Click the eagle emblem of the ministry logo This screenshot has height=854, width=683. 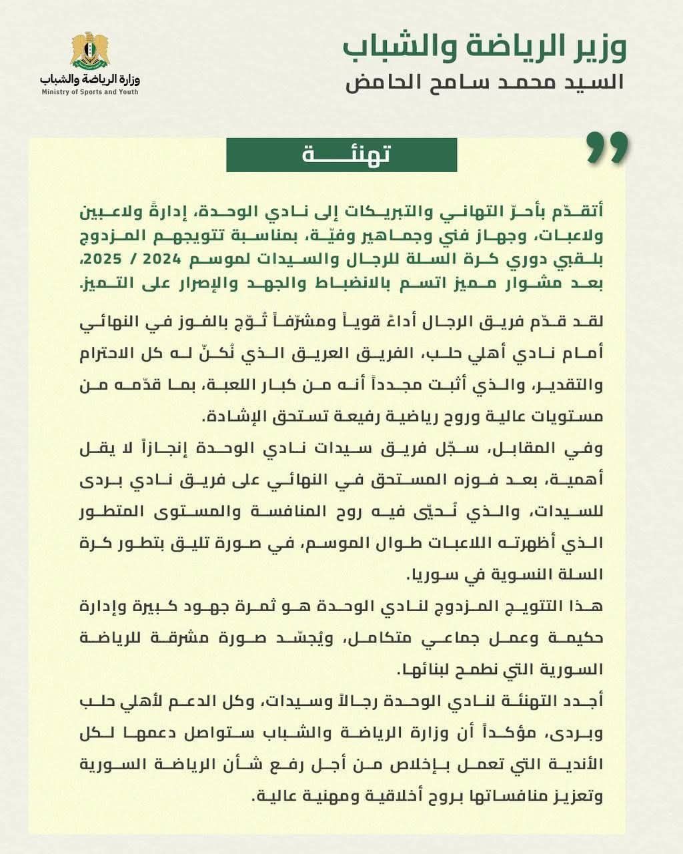pyautogui.click(x=89, y=51)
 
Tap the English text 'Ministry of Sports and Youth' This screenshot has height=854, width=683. pyautogui.click(x=89, y=92)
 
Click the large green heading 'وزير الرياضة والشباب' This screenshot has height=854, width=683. pyautogui.click(x=485, y=47)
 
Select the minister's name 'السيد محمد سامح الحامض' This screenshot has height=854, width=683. pyautogui.click(x=485, y=83)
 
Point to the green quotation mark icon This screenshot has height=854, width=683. pyautogui.click(x=606, y=147)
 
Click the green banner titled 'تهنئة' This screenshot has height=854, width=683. pyautogui.click(x=341, y=155)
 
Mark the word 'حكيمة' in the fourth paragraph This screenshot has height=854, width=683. pyautogui.click(x=579, y=637)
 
